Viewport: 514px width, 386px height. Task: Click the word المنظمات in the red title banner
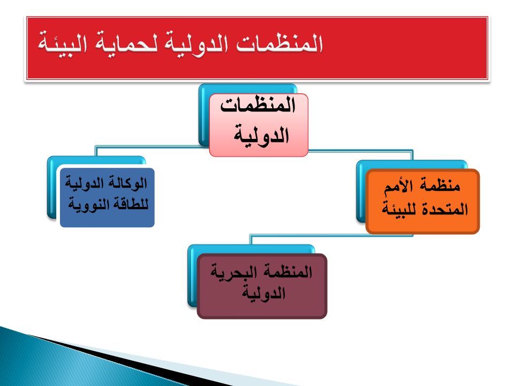click(x=279, y=43)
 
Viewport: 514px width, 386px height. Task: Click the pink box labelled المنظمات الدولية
click(x=258, y=125)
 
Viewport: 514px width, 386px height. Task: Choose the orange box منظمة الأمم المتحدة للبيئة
click(x=422, y=201)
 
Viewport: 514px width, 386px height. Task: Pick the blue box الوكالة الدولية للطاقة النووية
click(x=107, y=197)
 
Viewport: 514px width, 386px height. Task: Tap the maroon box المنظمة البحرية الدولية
click(x=262, y=286)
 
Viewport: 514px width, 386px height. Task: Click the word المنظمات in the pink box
click(x=258, y=106)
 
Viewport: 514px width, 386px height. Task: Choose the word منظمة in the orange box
click(x=440, y=185)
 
